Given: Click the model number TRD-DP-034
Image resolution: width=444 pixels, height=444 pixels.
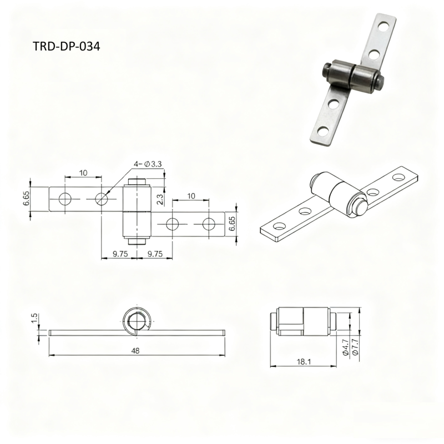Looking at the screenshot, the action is click(67, 46).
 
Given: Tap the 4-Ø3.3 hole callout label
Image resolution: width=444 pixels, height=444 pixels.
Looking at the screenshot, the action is click(148, 164).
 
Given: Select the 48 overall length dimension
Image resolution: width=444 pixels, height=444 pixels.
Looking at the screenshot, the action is click(135, 351).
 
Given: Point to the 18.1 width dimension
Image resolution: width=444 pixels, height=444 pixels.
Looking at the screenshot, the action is click(304, 362).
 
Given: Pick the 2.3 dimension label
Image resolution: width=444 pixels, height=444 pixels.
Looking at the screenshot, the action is click(159, 199).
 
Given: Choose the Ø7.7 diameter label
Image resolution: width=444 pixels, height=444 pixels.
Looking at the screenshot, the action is click(356, 348).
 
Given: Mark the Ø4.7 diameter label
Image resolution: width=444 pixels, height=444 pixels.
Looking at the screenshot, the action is click(345, 348).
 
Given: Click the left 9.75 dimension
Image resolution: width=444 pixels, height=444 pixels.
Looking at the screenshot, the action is click(120, 254).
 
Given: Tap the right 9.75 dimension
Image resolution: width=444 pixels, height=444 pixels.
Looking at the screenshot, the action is click(155, 254).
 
